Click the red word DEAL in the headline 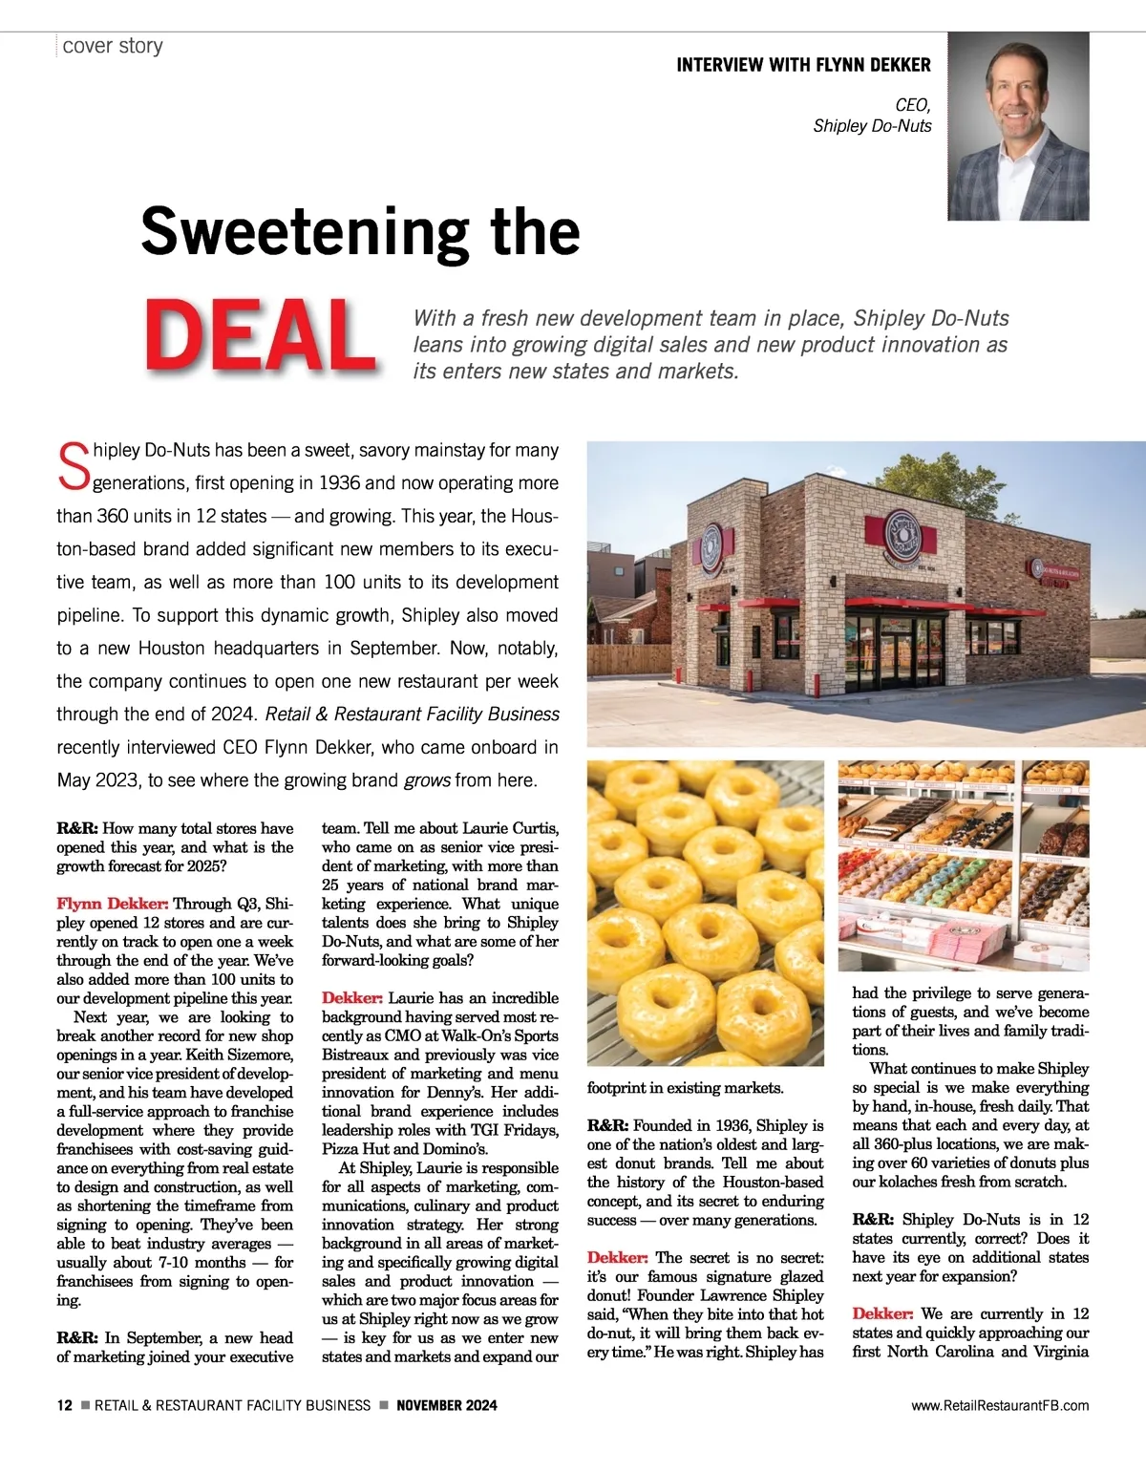coord(259,335)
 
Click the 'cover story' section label coord(113,46)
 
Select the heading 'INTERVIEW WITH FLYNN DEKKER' coord(803,65)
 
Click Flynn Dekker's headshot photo coord(1018,126)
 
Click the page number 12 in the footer coord(64,1405)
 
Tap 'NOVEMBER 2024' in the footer coord(446,1405)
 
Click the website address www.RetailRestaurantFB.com coord(1000,1405)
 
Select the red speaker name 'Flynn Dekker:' coord(112,904)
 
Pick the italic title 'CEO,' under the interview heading coord(912,105)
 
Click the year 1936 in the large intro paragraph coord(339,483)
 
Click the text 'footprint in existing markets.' coord(685,1088)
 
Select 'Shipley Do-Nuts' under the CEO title coord(872,126)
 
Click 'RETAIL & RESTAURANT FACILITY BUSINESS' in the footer coord(232,1405)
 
